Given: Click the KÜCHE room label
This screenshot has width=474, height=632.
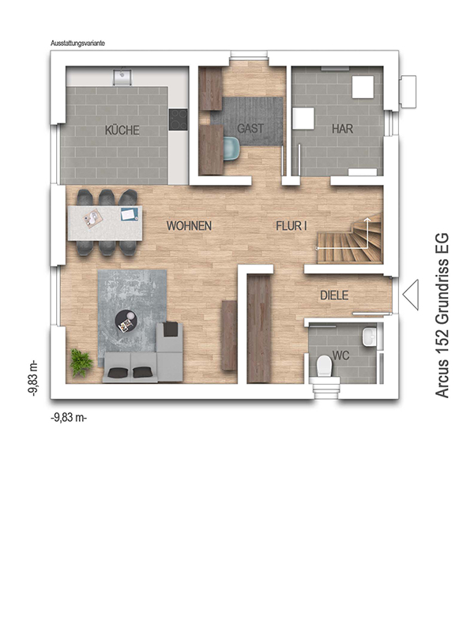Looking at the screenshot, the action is point(122,130).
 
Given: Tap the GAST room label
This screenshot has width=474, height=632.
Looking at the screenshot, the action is point(250,129).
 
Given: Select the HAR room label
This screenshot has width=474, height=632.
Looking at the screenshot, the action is point(342,129).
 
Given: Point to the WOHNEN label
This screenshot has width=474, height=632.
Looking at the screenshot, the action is point(189,226).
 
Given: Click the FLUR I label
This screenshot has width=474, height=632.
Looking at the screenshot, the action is point(292,226).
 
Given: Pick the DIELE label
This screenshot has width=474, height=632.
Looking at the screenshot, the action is point(334,295).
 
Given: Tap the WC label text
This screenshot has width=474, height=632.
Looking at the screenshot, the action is point(340,355).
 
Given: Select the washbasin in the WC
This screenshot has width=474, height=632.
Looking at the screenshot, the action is point(369,337).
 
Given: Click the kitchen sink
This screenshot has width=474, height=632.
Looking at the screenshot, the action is point(123,76).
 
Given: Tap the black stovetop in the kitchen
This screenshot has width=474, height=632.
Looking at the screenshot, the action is point(179,119).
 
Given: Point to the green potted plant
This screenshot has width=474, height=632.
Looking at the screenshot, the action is point(81,362).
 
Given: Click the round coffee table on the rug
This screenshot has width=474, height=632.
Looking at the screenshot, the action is point(126,322).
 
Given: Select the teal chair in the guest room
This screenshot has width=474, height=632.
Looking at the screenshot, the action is point(231,148).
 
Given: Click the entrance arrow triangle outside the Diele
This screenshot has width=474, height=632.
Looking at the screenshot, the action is point(410,295).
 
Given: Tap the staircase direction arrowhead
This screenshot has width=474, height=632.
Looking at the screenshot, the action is point(367,220).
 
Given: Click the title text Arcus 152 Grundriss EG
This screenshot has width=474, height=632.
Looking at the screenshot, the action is point(442,315).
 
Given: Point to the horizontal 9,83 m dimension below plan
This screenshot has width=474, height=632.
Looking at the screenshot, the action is point(69,418).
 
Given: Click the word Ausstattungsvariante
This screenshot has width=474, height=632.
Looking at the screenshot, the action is point(77,43).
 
